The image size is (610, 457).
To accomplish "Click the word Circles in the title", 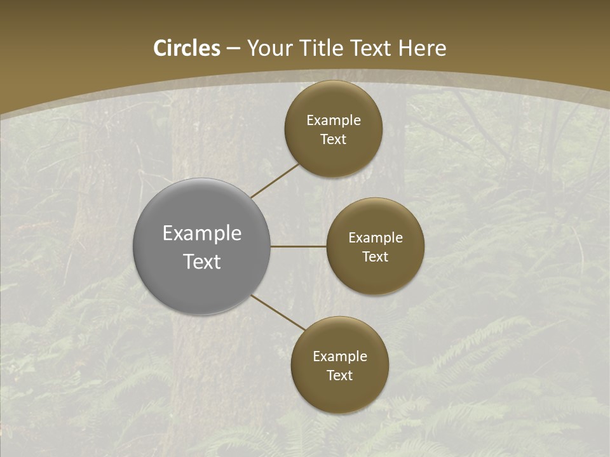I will pyautogui.click(x=187, y=48).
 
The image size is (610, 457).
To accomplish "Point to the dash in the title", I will pyautogui.click(x=233, y=49).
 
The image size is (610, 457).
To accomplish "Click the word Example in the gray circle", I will pyautogui.click(x=202, y=234).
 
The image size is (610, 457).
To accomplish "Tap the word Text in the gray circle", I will pyautogui.click(x=202, y=262).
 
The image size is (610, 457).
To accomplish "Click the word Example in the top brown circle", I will pyautogui.click(x=334, y=120).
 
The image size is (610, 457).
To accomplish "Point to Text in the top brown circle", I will pyautogui.click(x=334, y=139).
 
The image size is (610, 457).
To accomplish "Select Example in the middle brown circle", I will pyautogui.click(x=376, y=237).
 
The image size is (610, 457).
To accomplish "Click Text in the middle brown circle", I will pyautogui.click(x=376, y=256).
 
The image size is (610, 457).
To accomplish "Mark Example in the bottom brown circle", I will pyautogui.click(x=340, y=356).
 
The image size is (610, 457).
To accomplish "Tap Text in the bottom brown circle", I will pyautogui.click(x=340, y=375).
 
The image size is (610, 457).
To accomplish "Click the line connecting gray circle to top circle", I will pyautogui.click(x=274, y=180).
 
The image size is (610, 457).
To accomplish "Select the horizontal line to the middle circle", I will pyautogui.click(x=298, y=246).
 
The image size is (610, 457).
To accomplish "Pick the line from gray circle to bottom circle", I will pyautogui.click(x=278, y=312).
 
